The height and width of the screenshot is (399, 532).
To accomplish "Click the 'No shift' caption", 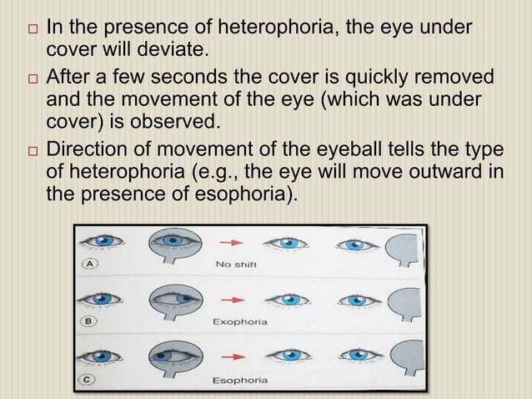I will click(x=236, y=265).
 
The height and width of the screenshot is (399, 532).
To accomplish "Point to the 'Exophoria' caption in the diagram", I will click(x=240, y=321).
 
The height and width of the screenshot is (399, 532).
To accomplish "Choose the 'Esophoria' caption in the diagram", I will click(x=240, y=380).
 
